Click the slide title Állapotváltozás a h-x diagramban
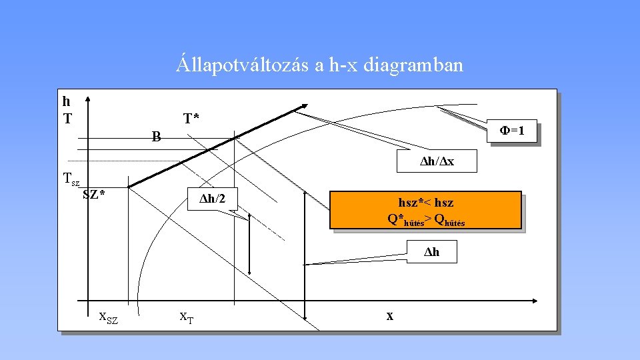(319, 65)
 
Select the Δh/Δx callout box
(437, 162)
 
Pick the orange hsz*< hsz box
(425, 210)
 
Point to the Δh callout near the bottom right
(433, 253)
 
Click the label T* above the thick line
(191, 119)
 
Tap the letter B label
(156, 138)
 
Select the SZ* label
(94, 195)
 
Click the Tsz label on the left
(70, 179)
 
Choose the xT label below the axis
(187, 317)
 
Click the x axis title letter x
(389, 315)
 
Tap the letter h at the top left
(66, 102)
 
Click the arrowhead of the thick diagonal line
(305, 105)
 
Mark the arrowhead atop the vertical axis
(88, 97)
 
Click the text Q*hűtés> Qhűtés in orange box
(425, 219)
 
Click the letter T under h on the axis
(67, 119)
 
